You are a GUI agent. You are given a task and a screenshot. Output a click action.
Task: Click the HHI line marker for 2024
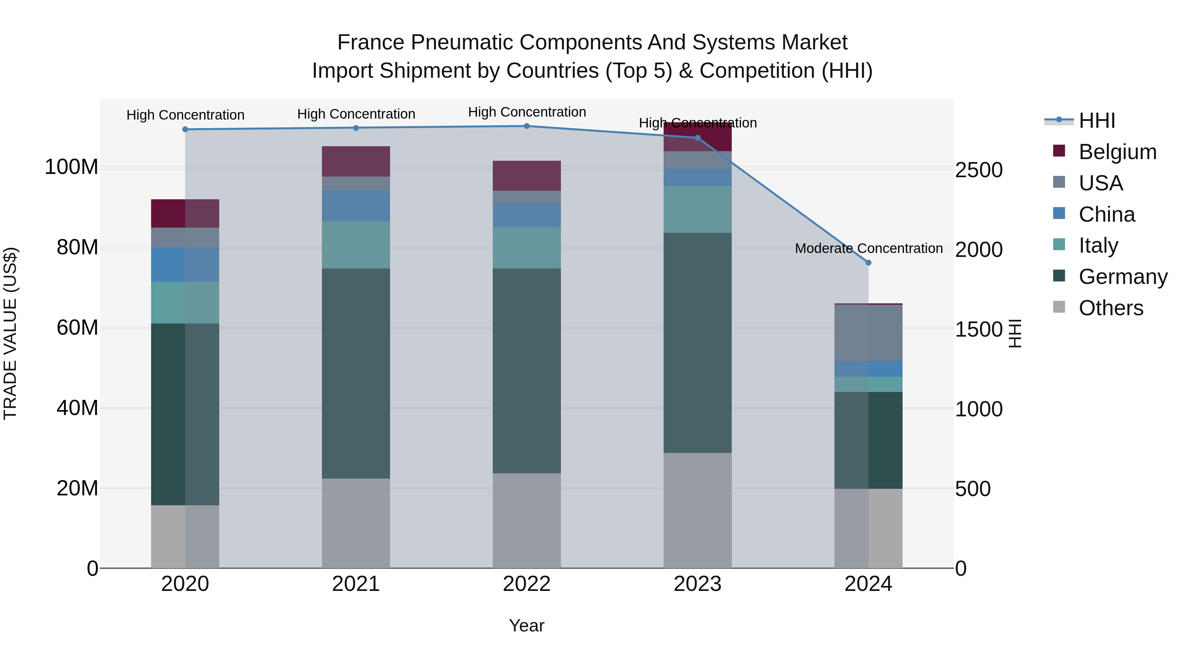[868, 263]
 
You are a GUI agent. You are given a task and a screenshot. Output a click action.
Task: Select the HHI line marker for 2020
[185, 129]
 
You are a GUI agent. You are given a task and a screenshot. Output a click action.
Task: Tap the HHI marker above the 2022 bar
[527, 126]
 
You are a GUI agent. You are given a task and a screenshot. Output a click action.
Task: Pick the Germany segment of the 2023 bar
[698, 343]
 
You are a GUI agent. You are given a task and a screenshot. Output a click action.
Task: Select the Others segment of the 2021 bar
[355, 523]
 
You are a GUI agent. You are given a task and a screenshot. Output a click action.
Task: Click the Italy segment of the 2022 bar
[527, 248]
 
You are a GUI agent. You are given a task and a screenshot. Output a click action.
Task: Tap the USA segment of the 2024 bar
[868, 333]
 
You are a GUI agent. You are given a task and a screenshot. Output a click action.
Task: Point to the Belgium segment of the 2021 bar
[355, 162]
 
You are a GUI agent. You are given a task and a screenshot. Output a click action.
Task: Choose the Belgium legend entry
[1118, 152]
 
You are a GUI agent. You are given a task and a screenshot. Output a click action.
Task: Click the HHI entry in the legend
[1097, 121]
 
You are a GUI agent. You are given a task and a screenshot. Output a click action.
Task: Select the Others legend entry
[1111, 308]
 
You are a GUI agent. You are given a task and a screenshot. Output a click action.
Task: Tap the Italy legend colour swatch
[1059, 245]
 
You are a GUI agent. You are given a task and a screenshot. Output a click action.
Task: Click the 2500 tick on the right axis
[979, 170]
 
